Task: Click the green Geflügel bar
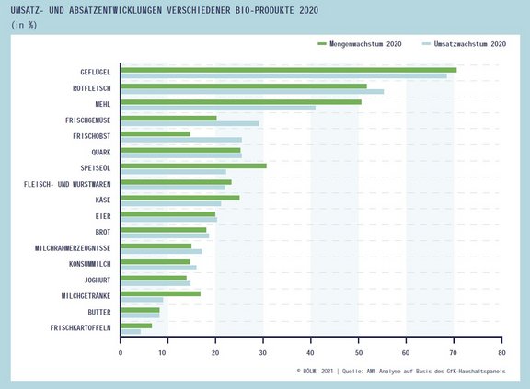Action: pyautogui.click(x=289, y=70)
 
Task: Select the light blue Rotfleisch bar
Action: pyautogui.click(x=252, y=92)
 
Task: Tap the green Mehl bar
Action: pyautogui.click(x=241, y=102)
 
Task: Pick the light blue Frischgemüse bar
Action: pyautogui.click(x=190, y=123)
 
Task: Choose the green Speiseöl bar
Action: pyautogui.click(x=193, y=166)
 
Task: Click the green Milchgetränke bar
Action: pyautogui.click(x=160, y=293)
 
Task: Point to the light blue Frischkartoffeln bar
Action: pyautogui.click(x=131, y=332)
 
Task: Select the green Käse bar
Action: pyautogui.click(x=180, y=198)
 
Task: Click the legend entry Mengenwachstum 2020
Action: pyautogui.click(x=360, y=44)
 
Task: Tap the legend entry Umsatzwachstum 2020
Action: pyautogui.click(x=464, y=44)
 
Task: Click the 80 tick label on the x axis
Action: pyautogui.click(x=501, y=353)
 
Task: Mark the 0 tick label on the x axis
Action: pyautogui.click(x=121, y=353)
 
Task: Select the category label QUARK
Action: pyautogui.click(x=101, y=153)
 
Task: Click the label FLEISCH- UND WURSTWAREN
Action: pyautogui.click(x=67, y=184)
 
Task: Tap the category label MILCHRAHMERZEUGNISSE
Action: pyautogui.click(x=73, y=248)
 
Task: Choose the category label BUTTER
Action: pyautogui.click(x=99, y=312)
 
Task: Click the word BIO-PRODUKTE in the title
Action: pyautogui.click(x=263, y=10)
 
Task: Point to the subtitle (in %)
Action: pyautogui.click(x=24, y=25)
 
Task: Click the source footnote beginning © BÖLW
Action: pyautogui.click(x=401, y=372)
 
